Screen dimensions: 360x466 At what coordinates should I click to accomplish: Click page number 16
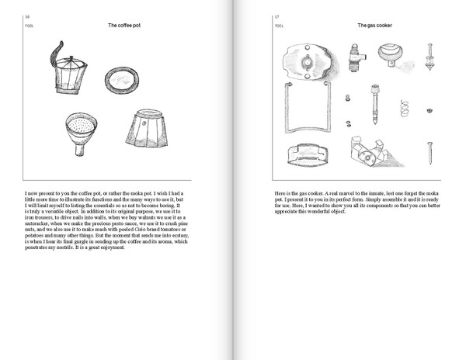[27, 16]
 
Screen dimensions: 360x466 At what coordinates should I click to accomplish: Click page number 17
[276, 16]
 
